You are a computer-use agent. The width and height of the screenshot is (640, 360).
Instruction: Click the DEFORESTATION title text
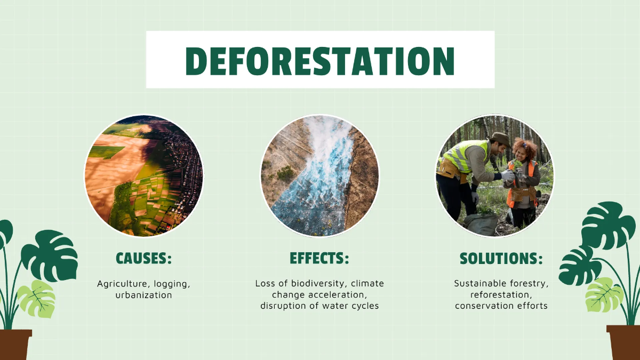coord(320,60)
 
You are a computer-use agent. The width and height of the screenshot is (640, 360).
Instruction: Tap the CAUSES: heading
coord(143,259)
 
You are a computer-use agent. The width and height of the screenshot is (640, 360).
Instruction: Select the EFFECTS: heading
coord(319,259)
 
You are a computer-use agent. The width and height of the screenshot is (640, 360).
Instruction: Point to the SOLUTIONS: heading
coord(501,259)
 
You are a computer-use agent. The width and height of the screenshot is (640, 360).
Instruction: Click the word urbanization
coord(143,295)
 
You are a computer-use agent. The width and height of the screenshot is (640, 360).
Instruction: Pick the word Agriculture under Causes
coord(121,284)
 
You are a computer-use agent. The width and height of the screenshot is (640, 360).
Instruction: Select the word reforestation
coord(501,294)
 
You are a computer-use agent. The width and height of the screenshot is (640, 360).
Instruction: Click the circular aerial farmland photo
coord(143,176)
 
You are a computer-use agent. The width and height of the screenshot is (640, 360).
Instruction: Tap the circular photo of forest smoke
coord(319,176)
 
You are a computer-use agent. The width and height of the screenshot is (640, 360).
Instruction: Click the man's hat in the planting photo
coord(500,138)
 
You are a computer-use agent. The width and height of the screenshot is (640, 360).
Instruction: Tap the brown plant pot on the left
coord(15,345)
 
